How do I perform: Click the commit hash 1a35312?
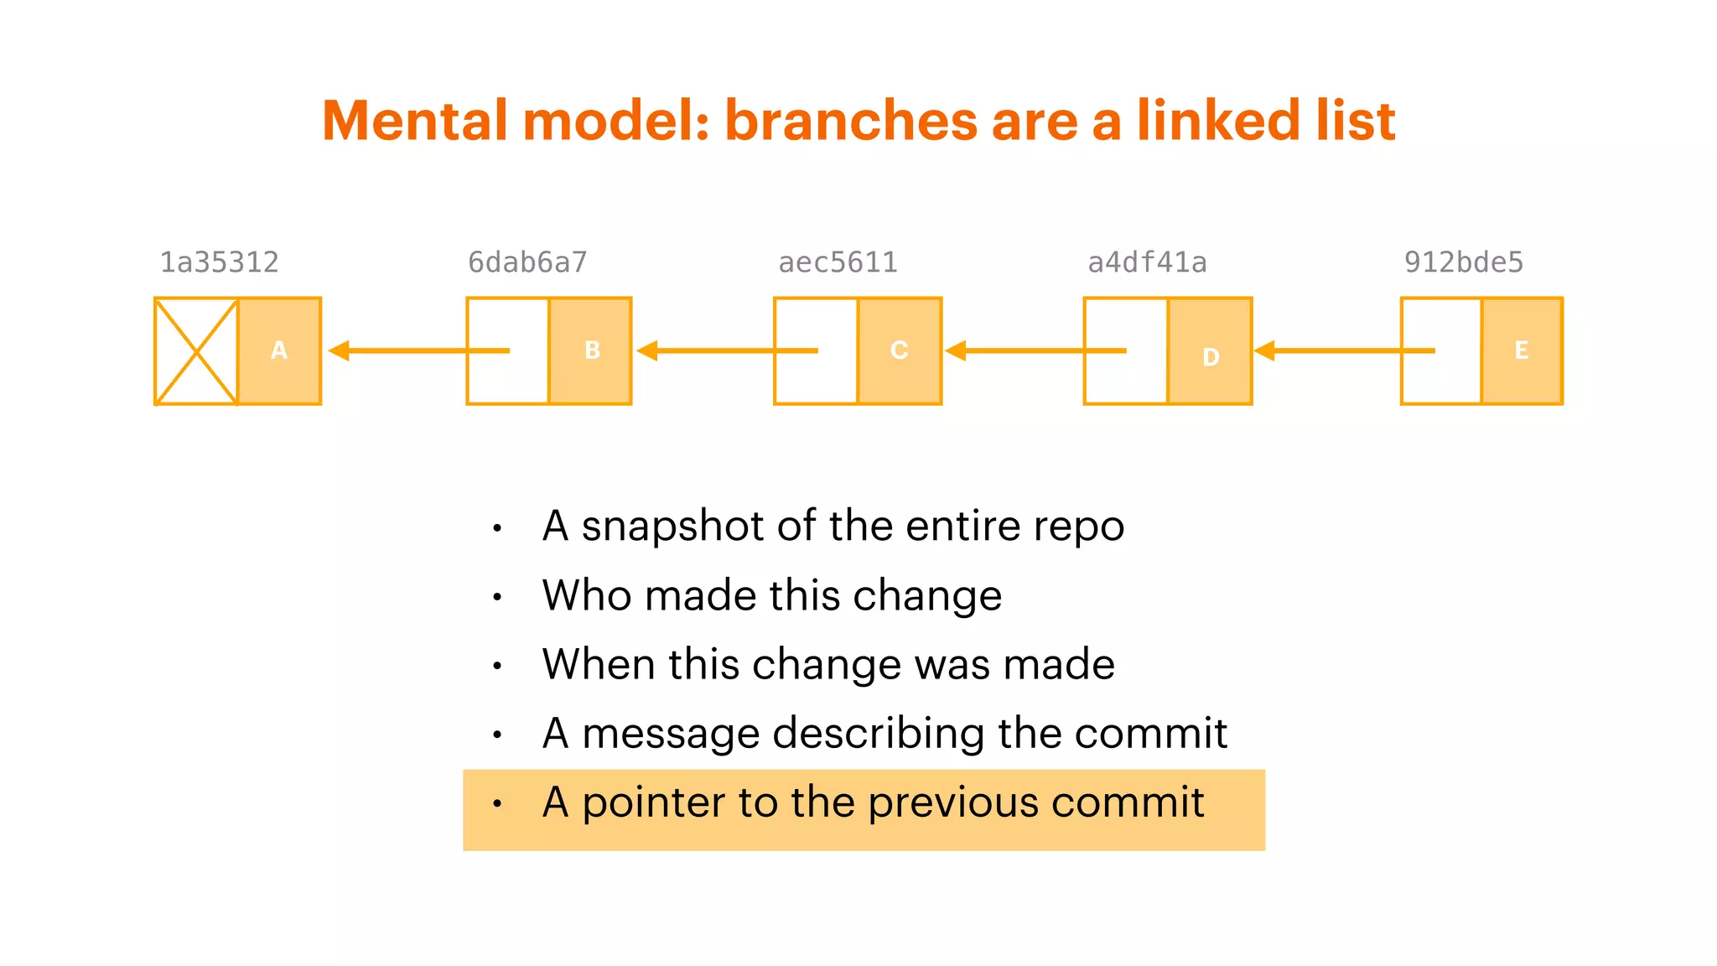tap(219, 262)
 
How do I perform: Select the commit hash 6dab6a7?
tap(527, 262)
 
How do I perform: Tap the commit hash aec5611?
tap(838, 262)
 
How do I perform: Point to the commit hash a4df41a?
tap(1147, 262)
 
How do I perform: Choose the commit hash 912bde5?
tap(1463, 262)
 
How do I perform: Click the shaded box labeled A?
tap(279, 351)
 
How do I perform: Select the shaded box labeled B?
tap(590, 351)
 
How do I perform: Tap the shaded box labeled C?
tap(900, 351)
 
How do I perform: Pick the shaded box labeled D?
tap(1210, 351)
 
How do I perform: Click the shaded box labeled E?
tap(1522, 351)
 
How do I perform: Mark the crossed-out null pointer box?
tap(196, 351)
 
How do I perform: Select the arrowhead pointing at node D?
tap(1264, 351)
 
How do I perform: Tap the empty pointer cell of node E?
tap(1441, 351)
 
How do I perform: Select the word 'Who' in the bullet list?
tap(587, 595)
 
